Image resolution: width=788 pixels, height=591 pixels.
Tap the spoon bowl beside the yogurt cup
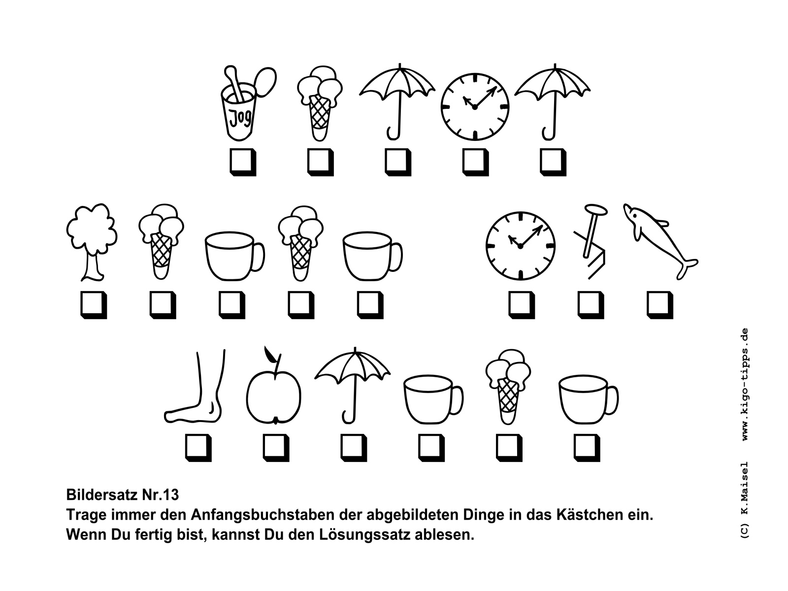265,82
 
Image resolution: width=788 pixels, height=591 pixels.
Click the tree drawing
92,242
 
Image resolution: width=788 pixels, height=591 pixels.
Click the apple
273,397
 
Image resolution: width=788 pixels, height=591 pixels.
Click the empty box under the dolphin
660,305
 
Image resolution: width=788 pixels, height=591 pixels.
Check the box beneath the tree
94,305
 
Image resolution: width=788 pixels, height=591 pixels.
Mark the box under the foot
198,448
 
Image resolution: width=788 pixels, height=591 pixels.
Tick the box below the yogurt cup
243,162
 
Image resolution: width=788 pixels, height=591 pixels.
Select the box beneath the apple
276,448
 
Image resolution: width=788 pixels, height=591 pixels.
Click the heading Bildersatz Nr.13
123,495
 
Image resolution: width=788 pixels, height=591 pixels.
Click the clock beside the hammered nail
520,246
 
